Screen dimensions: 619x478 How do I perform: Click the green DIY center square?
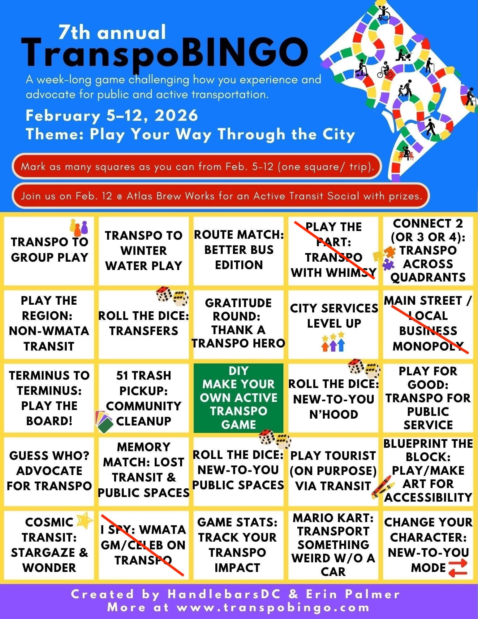coord(238,398)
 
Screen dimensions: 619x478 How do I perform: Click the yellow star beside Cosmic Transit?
coord(84,520)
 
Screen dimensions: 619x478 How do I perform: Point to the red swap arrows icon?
coord(458,568)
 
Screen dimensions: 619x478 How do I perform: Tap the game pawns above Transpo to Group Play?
coord(79,228)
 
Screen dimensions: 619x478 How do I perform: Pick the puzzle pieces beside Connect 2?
coord(385,257)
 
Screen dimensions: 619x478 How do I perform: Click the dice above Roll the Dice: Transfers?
coord(172,296)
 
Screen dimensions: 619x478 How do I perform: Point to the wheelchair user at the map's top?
coord(383,12)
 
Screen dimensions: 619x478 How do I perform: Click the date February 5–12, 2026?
coord(112,116)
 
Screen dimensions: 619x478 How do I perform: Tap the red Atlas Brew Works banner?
coord(221,196)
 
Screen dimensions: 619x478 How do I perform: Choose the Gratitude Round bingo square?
coord(238,324)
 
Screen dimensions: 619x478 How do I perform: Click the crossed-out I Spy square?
coord(144,545)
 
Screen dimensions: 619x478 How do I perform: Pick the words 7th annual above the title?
coord(112,33)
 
